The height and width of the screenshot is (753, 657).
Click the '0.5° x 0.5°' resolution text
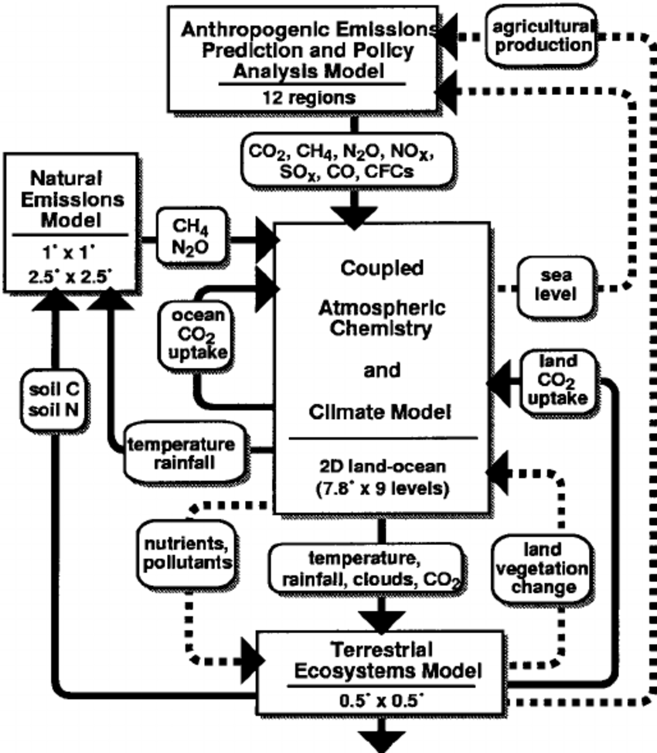click(x=382, y=703)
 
